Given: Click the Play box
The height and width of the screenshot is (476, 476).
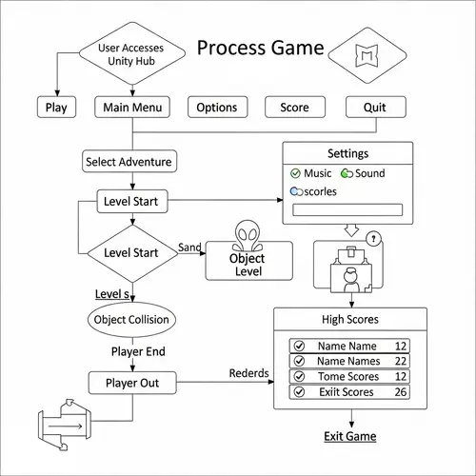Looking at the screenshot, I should click(x=57, y=108).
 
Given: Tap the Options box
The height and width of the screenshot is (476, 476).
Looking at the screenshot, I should click(x=217, y=108).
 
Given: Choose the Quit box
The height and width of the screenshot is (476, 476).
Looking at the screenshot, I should click(x=375, y=108).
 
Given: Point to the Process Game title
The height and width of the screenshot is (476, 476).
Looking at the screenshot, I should click(x=259, y=48).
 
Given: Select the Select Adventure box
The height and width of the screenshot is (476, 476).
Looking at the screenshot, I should click(x=129, y=162).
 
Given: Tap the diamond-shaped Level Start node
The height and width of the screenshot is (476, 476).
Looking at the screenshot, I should click(x=131, y=252).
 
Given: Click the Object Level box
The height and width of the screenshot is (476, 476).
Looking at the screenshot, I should click(x=248, y=264).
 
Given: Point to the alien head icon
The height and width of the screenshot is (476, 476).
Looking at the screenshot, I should click(x=248, y=235).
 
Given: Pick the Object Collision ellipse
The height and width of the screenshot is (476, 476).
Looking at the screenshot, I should click(x=132, y=319).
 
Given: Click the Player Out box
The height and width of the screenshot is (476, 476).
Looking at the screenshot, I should click(x=131, y=383).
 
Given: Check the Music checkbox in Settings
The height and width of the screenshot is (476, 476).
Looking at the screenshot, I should click(x=295, y=173).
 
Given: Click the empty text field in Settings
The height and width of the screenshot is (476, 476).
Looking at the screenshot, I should click(x=348, y=210).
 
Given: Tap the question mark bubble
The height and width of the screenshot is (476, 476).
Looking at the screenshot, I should click(x=374, y=239).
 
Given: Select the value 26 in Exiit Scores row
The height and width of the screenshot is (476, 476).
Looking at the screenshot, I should click(x=401, y=391).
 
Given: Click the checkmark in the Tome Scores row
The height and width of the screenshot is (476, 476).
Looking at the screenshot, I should click(x=300, y=376).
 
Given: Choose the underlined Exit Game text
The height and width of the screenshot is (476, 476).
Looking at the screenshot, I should click(x=349, y=436).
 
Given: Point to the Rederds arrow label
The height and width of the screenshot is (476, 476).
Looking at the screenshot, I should click(x=249, y=373).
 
